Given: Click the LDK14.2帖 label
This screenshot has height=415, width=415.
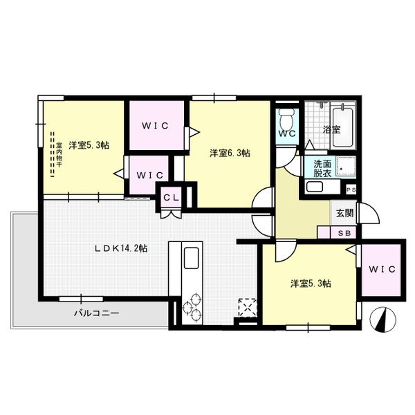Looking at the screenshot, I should [x=120, y=248].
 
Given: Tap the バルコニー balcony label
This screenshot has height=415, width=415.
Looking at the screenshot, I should [x=97, y=313].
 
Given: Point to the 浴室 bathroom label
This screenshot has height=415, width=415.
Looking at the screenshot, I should [x=331, y=129].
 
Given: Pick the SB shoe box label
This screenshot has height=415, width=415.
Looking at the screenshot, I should [x=344, y=233].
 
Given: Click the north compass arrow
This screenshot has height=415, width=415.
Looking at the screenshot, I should [x=384, y=320].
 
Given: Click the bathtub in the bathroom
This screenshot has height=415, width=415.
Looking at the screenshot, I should [x=343, y=126].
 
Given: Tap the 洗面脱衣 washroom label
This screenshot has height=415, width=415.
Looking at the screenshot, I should [x=322, y=168].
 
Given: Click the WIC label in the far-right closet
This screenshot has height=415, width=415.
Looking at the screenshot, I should [x=381, y=269].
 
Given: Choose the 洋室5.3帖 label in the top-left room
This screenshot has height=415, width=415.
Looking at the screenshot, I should [x=88, y=145].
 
